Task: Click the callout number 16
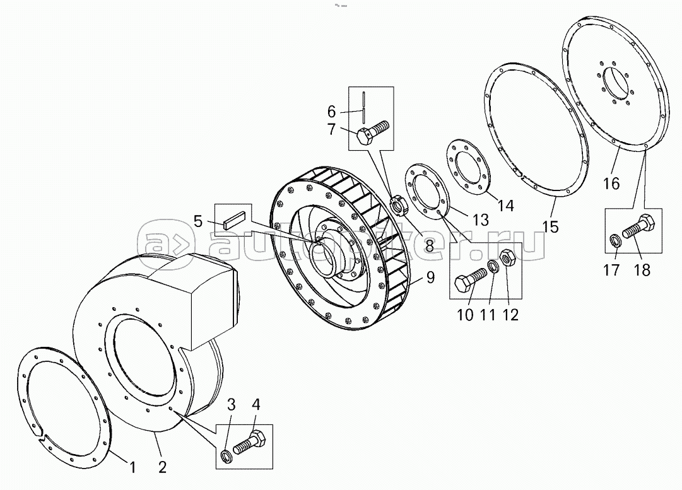coord(611,184)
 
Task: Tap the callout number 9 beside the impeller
coord(430,277)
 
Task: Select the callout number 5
coord(198,221)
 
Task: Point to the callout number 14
coord(506,205)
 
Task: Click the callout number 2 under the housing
coord(162,467)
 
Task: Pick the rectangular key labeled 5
coord(235,219)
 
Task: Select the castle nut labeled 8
coord(399,205)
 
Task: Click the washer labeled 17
coord(614,240)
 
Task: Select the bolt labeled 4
coord(250,441)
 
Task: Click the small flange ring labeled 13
coord(423,194)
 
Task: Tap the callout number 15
coord(551,226)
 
